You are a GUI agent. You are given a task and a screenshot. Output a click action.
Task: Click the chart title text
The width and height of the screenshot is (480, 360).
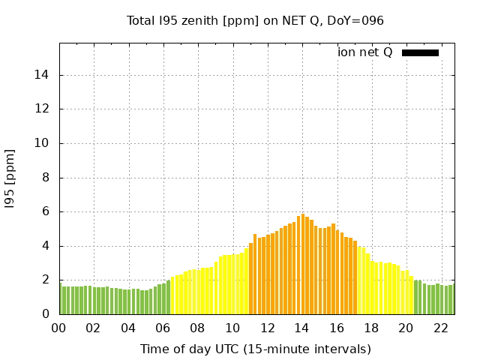coord(255,20)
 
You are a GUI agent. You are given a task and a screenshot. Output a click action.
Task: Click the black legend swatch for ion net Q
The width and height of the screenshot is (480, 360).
coord(420,52)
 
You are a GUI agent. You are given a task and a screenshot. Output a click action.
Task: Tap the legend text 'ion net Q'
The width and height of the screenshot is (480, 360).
coord(365,52)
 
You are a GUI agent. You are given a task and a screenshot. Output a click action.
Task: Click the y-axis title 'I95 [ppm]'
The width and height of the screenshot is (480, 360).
coord(10,178)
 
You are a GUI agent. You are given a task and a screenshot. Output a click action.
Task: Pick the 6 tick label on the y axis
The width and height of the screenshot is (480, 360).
coord(46,212)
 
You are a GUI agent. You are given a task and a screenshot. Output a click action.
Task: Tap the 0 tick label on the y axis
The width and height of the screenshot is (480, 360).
coord(46,314)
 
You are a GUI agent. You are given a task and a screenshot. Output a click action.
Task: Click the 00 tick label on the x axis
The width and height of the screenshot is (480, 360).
coord(58,328)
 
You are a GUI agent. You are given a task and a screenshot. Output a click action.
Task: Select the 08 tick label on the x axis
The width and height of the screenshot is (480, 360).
coord(197,328)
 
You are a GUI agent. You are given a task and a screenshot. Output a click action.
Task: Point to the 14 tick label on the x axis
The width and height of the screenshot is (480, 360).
coord(301,328)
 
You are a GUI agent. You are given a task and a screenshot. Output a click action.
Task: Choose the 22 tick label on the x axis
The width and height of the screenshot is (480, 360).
coord(440,328)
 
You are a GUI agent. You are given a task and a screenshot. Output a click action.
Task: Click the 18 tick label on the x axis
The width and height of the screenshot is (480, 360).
coord(370,328)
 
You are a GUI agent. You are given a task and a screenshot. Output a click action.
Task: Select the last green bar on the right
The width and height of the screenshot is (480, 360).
coord(451,299)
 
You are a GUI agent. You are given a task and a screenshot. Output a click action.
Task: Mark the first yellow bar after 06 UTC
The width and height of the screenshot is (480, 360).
coord(172,295)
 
